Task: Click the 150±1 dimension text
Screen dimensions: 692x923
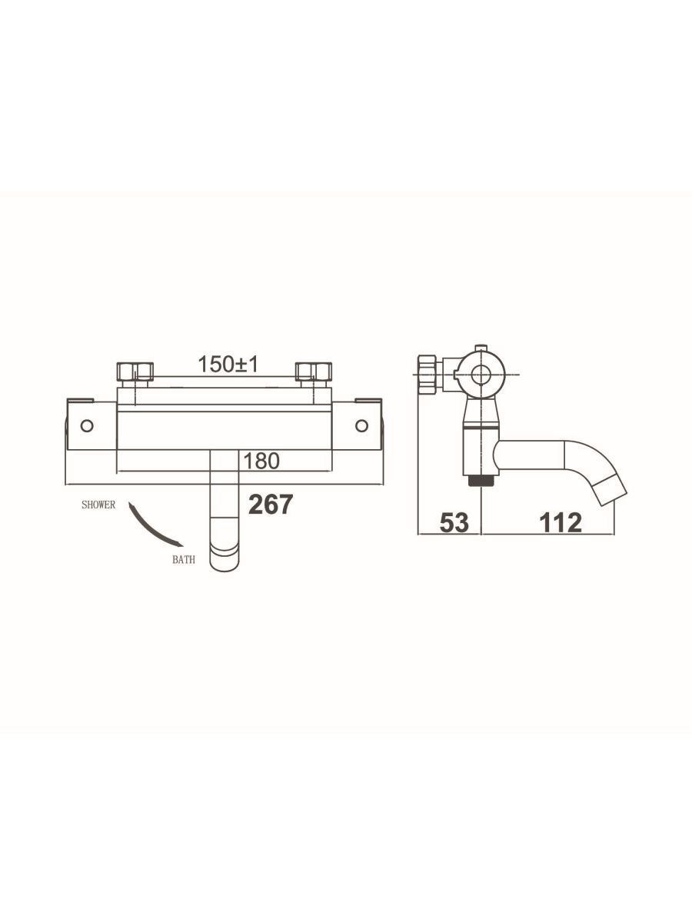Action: (228, 364)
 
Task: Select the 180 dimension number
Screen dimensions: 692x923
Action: (261, 461)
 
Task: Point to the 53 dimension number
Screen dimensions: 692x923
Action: (454, 523)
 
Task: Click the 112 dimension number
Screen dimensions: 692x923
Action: (561, 523)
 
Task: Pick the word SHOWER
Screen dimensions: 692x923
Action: (98, 505)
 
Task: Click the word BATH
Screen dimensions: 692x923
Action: (184, 560)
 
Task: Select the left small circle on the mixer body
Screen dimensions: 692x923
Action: (87, 425)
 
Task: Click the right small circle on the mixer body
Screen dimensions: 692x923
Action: (361, 425)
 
